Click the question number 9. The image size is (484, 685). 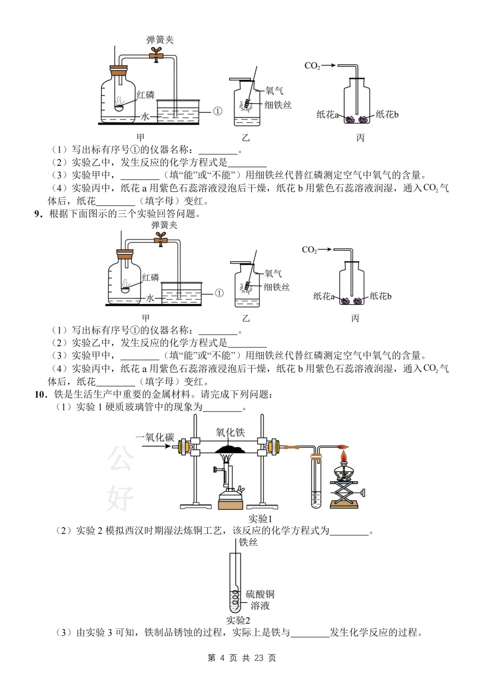[x=38, y=214]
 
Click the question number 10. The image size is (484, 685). [x=40, y=395]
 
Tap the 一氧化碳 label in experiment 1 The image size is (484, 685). [x=155, y=437]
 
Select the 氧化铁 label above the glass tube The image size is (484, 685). [x=230, y=432]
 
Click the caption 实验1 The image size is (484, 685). [x=260, y=519]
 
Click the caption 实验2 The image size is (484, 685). [x=238, y=620]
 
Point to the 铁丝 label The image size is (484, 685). [x=248, y=542]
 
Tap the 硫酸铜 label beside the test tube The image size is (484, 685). [x=260, y=594]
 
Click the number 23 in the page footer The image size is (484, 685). [x=259, y=658]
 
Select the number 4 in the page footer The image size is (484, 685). [x=222, y=658]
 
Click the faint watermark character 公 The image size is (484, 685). [x=120, y=458]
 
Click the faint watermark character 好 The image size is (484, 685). [x=120, y=498]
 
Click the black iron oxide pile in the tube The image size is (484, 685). [x=229, y=449]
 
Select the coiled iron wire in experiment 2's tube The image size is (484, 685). [x=235, y=599]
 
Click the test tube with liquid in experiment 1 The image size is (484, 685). [x=316, y=484]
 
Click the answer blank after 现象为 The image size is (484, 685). [x=222, y=408]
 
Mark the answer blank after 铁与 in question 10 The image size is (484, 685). [x=310, y=633]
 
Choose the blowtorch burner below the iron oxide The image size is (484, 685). [x=230, y=484]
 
